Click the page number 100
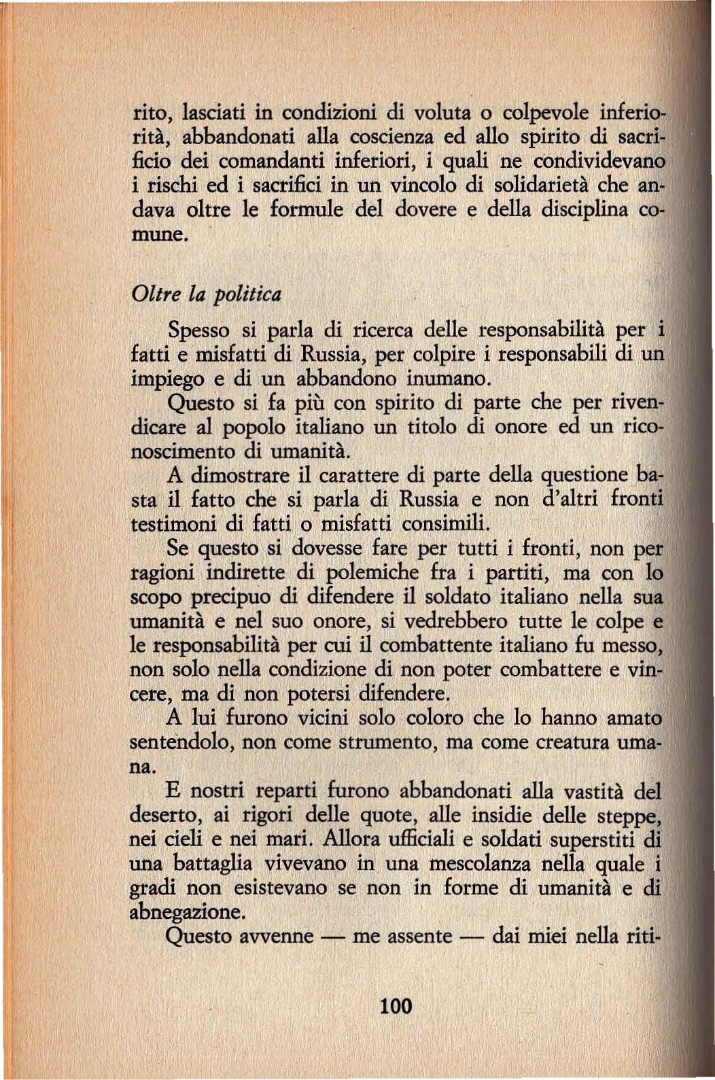click(397, 1005)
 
